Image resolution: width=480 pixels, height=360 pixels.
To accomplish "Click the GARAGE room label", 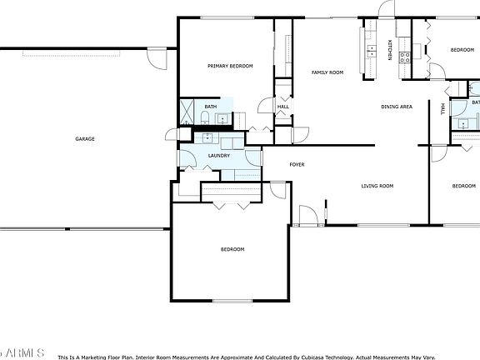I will pyautogui.click(x=84, y=138).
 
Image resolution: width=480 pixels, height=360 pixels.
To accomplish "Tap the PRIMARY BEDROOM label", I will pyautogui.click(x=230, y=67).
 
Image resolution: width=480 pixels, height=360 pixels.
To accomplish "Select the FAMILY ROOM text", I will pyautogui.click(x=327, y=72).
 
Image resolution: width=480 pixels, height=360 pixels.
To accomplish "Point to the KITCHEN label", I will pyautogui.click(x=389, y=49).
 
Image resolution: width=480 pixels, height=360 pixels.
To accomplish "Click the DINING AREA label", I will pyautogui.click(x=397, y=107).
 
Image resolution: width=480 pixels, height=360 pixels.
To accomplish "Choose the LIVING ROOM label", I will pyautogui.click(x=377, y=186).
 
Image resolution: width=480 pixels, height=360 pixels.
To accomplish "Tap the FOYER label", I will pyautogui.click(x=297, y=164).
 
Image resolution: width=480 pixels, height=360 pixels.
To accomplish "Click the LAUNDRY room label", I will pyautogui.click(x=219, y=155).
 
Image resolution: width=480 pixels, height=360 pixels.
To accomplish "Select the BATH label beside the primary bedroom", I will pyautogui.click(x=211, y=107).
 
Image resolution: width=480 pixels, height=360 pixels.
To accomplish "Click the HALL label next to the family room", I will pyautogui.click(x=283, y=107).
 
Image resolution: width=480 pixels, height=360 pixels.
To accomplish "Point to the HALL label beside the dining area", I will pyautogui.click(x=442, y=108).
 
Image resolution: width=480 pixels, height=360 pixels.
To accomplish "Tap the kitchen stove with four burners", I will pyautogui.click(x=405, y=57).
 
